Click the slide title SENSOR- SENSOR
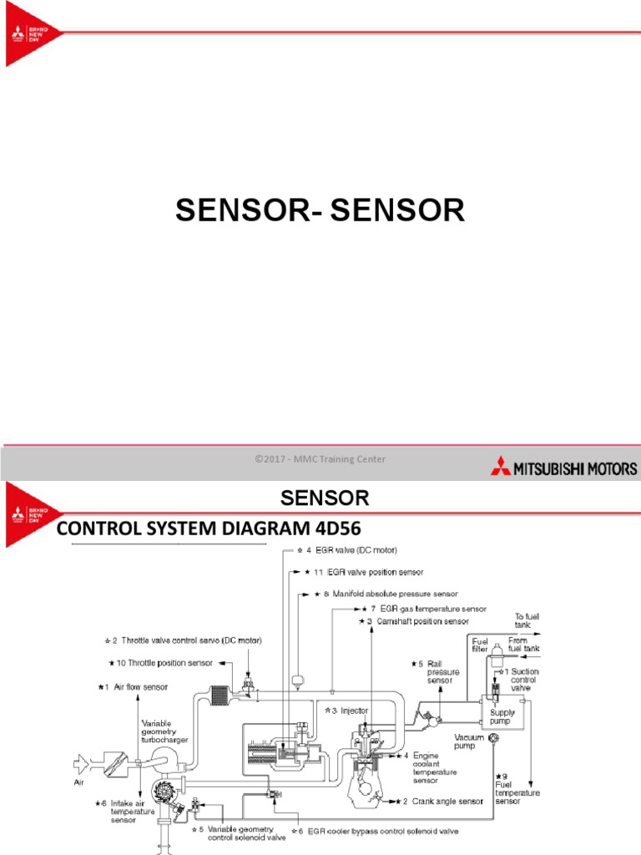[x=320, y=211]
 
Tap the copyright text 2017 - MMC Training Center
[x=320, y=459]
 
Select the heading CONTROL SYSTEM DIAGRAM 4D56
[x=210, y=531]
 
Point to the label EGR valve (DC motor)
[x=355, y=550]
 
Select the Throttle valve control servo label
[x=192, y=641]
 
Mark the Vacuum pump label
[x=469, y=742]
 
